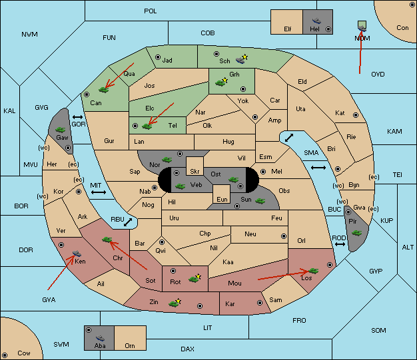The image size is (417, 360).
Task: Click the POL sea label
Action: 151,11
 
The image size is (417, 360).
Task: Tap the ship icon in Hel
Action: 316,21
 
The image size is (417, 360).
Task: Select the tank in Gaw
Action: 61,130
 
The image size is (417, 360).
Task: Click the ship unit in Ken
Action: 77,253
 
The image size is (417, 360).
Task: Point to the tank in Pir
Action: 356,233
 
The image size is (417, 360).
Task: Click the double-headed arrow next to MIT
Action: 99,192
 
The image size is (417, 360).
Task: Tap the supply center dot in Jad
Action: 158,57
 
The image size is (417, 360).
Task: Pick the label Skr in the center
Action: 195,172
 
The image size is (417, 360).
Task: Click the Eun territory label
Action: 222,199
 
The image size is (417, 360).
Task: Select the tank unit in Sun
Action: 260,201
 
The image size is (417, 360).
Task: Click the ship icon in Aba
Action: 101,338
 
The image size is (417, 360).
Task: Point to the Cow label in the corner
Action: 24,353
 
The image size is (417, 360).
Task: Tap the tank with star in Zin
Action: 175,303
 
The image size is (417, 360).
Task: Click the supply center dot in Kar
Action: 260,303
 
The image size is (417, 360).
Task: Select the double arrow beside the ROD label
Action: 340,244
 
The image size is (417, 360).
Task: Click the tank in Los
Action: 313,271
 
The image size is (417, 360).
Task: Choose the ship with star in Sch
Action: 242,59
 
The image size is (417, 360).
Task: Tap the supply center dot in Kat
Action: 356,115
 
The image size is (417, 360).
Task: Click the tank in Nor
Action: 167,160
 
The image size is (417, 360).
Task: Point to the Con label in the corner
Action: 402,28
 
